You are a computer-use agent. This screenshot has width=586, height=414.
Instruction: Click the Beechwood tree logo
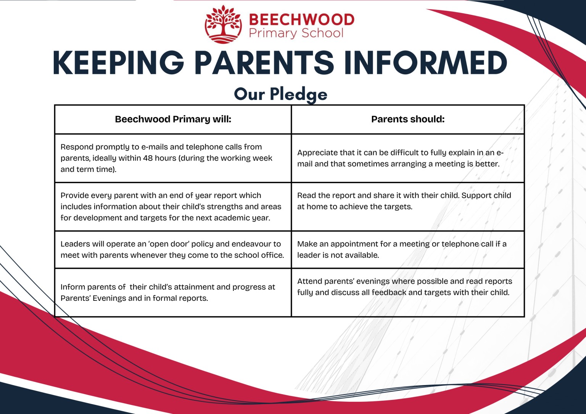(223, 24)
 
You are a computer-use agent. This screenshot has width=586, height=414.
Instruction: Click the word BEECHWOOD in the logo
(301, 19)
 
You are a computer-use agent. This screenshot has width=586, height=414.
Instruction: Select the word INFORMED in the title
(425, 63)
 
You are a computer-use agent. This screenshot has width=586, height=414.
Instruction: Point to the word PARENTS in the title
(264, 63)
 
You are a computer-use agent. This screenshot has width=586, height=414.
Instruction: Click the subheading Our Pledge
(280, 94)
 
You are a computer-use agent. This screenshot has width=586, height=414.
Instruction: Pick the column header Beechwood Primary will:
(173, 119)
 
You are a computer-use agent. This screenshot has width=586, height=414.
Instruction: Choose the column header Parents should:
(408, 119)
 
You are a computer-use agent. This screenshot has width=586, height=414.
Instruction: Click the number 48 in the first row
(148, 158)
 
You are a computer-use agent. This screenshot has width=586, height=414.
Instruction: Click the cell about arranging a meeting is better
(408, 158)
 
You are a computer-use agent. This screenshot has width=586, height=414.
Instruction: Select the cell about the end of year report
(173, 207)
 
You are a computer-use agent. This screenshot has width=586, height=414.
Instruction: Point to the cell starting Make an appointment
(408, 249)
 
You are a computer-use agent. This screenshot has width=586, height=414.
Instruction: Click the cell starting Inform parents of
(173, 292)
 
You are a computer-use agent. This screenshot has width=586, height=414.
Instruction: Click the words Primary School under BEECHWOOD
(296, 33)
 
